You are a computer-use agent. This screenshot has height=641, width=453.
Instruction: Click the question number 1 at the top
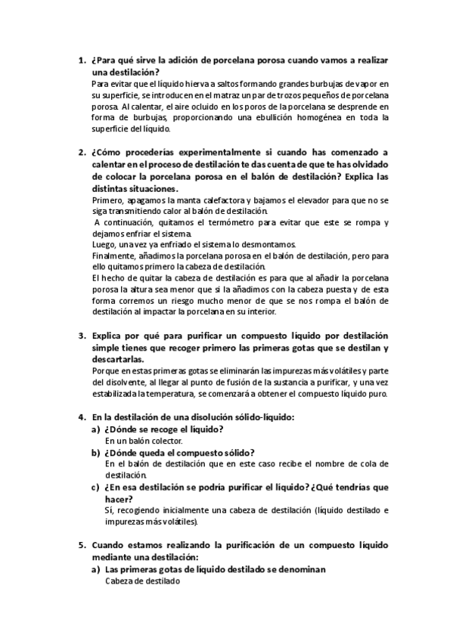click(81, 60)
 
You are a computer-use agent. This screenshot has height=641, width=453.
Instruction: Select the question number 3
click(81, 334)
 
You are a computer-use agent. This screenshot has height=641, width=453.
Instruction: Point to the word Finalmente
click(112, 256)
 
